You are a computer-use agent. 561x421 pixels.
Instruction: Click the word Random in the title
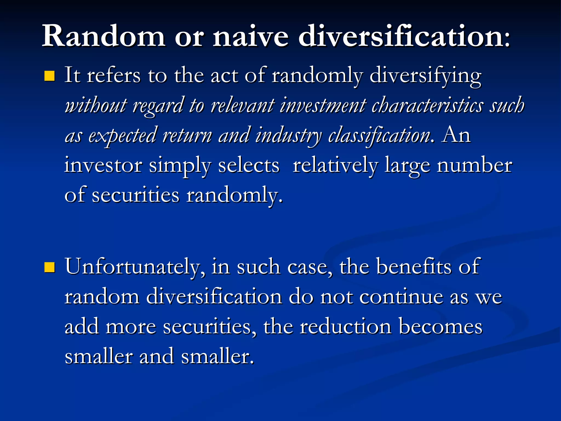point(104,36)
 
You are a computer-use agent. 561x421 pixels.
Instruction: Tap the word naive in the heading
point(251,36)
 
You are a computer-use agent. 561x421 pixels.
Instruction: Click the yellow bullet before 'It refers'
point(50,76)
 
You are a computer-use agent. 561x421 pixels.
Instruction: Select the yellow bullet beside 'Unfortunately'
point(50,267)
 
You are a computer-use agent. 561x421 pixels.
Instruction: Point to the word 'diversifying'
point(425,75)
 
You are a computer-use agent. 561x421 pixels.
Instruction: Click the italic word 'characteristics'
point(427,106)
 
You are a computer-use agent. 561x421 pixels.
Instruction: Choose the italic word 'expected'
point(122,135)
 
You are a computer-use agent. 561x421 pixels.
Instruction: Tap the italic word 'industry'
point(288,135)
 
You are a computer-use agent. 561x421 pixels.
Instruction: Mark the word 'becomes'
point(440,327)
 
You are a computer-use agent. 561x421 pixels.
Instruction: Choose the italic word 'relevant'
point(242,106)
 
